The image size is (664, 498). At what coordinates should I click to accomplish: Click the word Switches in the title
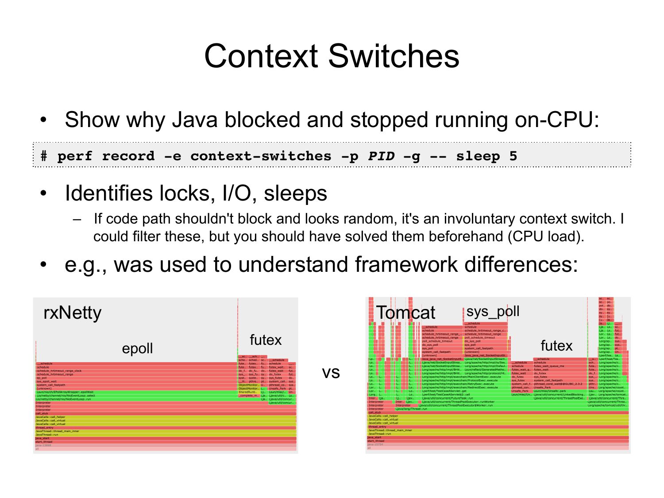tap(394, 56)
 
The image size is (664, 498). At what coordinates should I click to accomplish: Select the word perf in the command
tap(75, 156)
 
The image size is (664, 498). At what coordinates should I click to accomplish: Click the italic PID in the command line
tap(381, 156)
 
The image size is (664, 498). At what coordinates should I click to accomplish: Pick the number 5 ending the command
tap(513, 156)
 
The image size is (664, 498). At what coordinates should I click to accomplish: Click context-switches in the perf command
tap(261, 156)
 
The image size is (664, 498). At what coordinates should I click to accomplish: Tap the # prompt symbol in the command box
tap(44, 156)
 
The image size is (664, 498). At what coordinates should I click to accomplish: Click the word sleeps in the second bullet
tap(295, 193)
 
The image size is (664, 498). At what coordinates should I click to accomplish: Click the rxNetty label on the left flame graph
tap(73, 313)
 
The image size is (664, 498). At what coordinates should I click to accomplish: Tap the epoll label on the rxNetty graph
tap(137, 348)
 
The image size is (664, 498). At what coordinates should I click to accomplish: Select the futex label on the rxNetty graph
tap(266, 340)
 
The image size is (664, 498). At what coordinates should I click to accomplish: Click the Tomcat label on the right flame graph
tap(405, 313)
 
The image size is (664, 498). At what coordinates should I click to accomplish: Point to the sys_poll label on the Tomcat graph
tap(493, 311)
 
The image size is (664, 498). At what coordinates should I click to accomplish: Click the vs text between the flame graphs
tap(331, 372)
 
